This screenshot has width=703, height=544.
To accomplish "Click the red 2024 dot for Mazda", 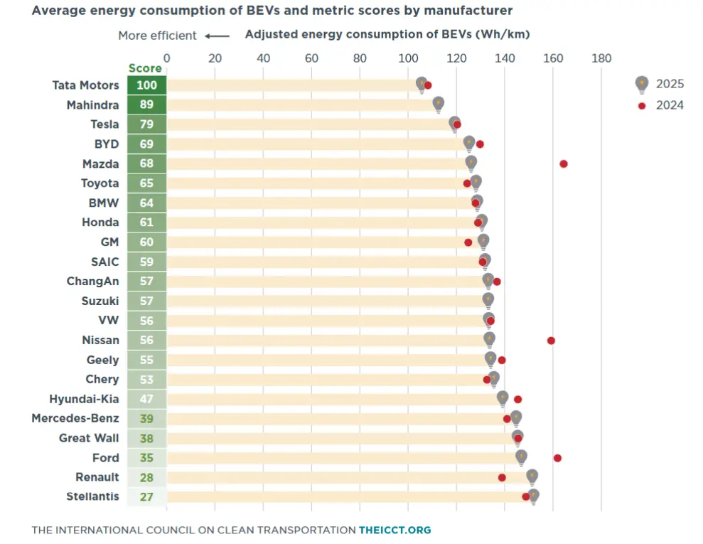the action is pyautogui.click(x=564, y=164).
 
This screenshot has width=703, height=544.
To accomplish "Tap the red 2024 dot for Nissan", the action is pyautogui.click(x=551, y=341).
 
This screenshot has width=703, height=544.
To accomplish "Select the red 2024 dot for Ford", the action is pyautogui.click(x=557, y=458).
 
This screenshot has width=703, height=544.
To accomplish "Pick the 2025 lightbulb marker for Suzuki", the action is pyautogui.click(x=488, y=301).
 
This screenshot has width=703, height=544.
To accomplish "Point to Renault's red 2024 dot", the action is pyautogui.click(x=502, y=478).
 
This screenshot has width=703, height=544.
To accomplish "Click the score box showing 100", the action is pyautogui.click(x=146, y=85).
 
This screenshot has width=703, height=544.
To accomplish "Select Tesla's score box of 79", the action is pyautogui.click(x=146, y=124).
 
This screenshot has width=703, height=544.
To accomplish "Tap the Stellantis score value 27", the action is pyautogui.click(x=146, y=497).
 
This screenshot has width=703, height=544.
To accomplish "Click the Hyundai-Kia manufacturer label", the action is pyautogui.click(x=85, y=399).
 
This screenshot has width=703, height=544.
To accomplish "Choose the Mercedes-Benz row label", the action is pyautogui.click(x=75, y=418).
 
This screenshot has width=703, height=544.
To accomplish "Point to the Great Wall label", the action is pyautogui.click(x=90, y=438).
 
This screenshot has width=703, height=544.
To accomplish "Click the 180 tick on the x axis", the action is pyautogui.click(x=601, y=58).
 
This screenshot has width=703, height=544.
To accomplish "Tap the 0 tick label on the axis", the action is pyautogui.click(x=167, y=58).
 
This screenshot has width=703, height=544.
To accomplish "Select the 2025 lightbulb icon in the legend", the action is pyautogui.click(x=642, y=85).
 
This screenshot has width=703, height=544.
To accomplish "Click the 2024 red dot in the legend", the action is pyautogui.click(x=642, y=106).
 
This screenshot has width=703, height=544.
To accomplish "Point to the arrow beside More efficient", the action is pyautogui.click(x=218, y=36).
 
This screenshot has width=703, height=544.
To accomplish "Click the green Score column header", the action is pyautogui.click(x=145, y=68).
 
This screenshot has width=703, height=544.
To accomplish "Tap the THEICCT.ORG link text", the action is pyautogui.click(x=395, y=530).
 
